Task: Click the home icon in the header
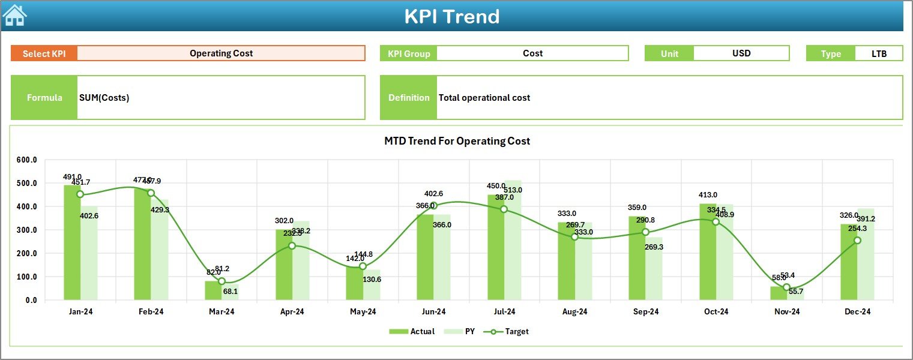pos(14,16)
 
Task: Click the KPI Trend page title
pos(451,16)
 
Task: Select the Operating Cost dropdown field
pos(221,53)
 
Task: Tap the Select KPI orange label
pos(44,53)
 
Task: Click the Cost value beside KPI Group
pos(532,53)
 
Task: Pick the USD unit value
pos(741,53)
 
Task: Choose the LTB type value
pos(879,53)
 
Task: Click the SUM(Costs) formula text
pos(104,98)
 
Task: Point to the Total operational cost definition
pos(484,98)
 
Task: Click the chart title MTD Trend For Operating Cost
pos(457,141)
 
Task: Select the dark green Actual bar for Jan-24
pos(72,242)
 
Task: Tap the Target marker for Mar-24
pos(221,281)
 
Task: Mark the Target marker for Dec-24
pos(857,241)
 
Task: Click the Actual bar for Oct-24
pos(708,252)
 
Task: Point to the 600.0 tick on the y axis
pos(26,160)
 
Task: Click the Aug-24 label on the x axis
pos(574,312)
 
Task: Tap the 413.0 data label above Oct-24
pos(708,195)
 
